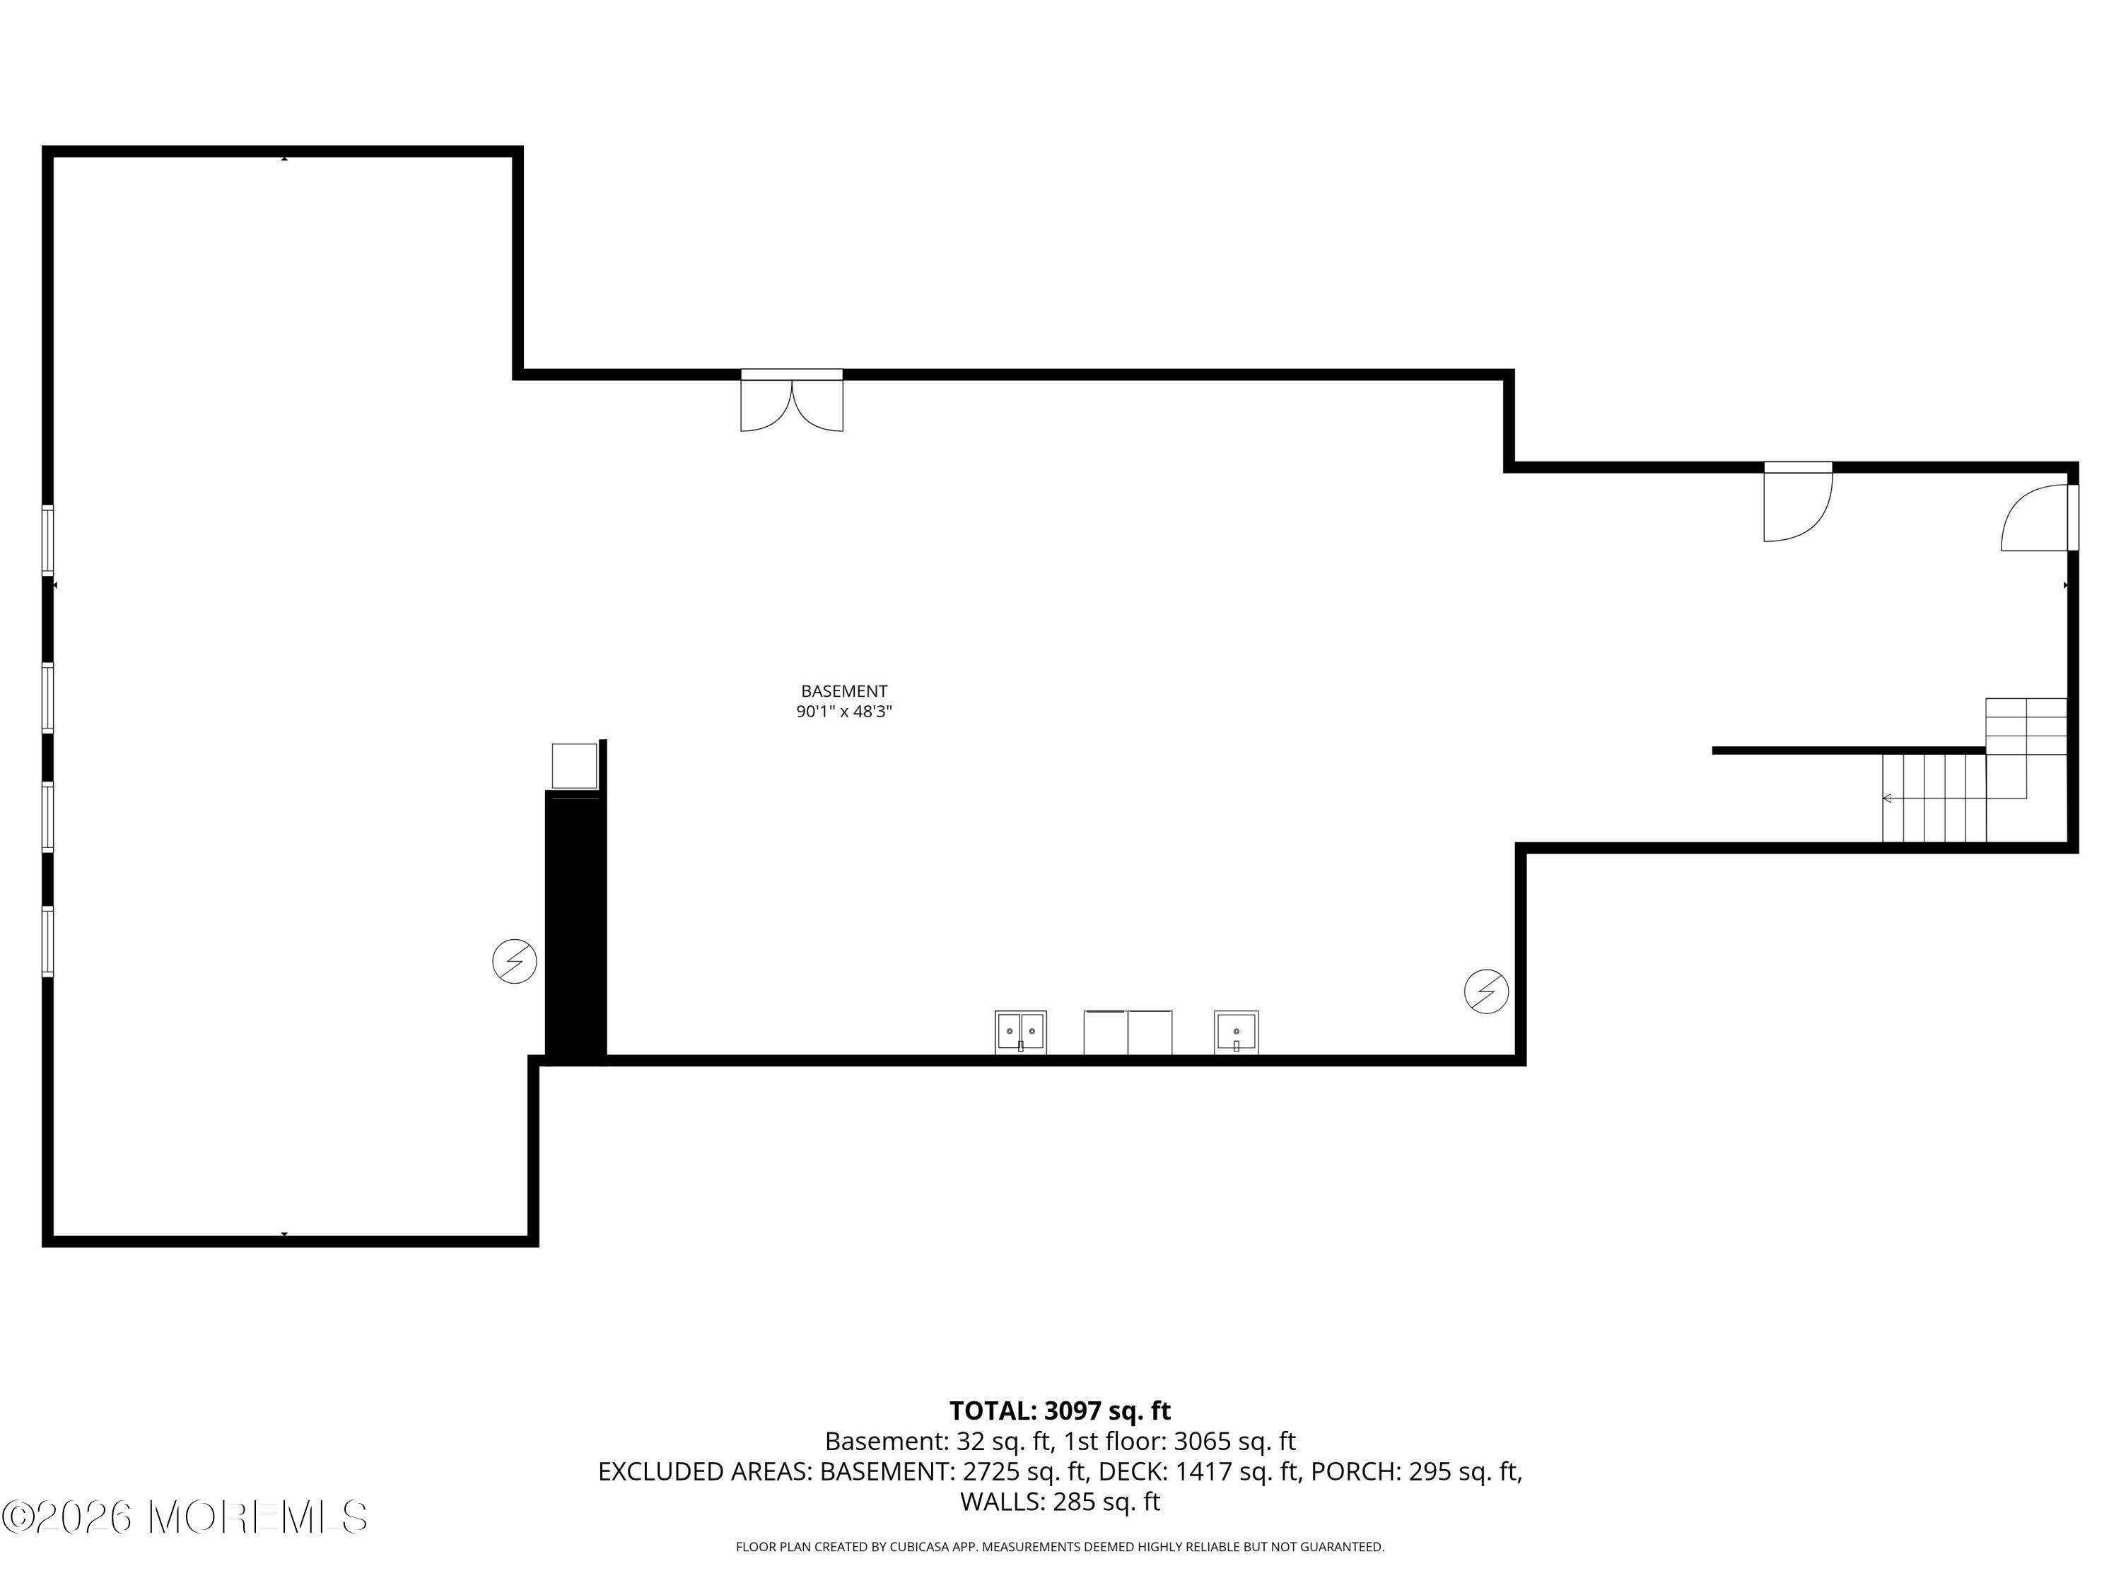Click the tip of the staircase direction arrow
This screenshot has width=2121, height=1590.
[x=1884, y=799]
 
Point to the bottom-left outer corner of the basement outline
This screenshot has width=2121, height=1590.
[x=42, y=1247]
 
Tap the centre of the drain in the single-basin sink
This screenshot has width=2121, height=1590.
[x=1237, y=1031]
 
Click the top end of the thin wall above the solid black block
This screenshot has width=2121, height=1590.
[x=603, y=741]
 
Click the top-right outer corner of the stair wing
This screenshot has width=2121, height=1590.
[x=2078, y=463]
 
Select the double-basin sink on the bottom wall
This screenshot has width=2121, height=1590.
[x=1020, y=1033]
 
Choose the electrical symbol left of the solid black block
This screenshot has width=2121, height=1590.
[x=515, y=961]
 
